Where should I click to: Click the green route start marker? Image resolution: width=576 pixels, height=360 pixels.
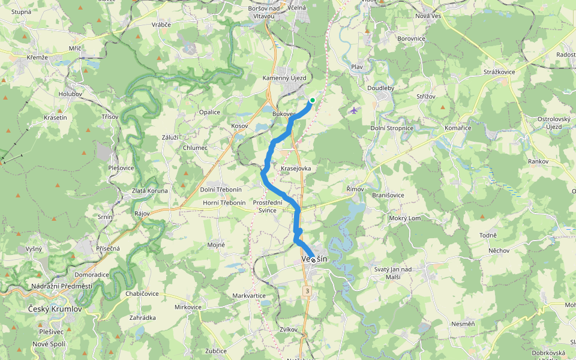[312, 100]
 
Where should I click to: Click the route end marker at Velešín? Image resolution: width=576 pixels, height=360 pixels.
[313, 260]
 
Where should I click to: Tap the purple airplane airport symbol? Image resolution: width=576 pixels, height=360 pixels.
[353, 110]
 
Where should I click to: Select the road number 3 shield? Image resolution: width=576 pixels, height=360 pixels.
[307, 291]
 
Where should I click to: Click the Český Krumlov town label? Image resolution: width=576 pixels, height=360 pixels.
[55, 309]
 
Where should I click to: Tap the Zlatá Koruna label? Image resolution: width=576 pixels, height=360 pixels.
[150, 191]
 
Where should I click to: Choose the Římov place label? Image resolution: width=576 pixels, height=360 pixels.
[355, 189]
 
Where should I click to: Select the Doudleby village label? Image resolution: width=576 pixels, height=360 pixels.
[380, 88]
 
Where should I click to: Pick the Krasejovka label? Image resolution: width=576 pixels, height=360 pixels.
[296, 169]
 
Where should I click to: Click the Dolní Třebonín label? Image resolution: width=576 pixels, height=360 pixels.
[221, 190]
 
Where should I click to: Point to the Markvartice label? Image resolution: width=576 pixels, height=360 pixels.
[249, 296]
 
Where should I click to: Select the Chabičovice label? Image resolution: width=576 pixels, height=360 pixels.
[143, 293]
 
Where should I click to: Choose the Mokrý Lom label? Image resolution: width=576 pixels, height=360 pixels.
[405, 218]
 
